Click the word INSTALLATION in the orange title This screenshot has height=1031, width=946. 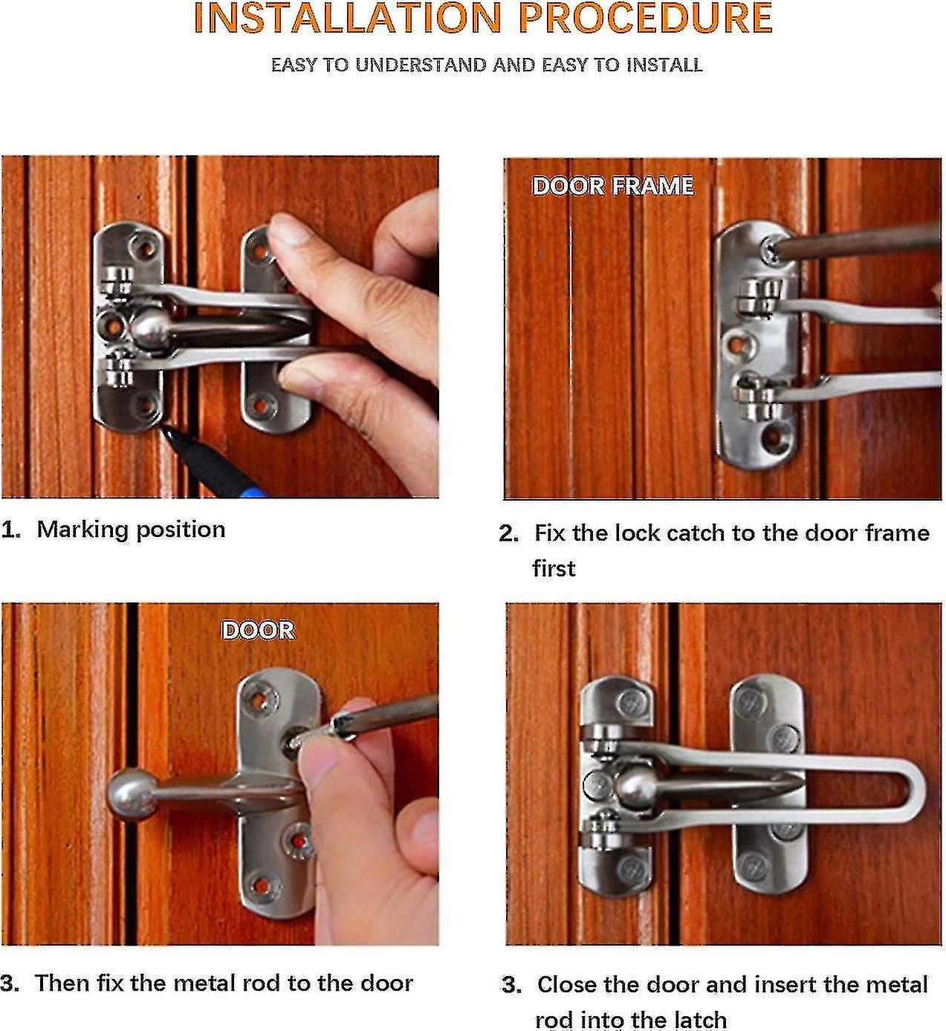[x=348, y=19]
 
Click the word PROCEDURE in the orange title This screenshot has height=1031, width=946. [x=645, y=19]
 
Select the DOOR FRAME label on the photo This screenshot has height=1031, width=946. [x=613, y=186]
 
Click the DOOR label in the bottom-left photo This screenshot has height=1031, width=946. [x=258, y=631]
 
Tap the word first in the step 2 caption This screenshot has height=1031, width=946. [x=554, y=569]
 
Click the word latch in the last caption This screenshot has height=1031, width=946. [x=698, y=1020]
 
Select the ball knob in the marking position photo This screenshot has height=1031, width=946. [x=152, y=328]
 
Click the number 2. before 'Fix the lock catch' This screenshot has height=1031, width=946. [x=509, y=534]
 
